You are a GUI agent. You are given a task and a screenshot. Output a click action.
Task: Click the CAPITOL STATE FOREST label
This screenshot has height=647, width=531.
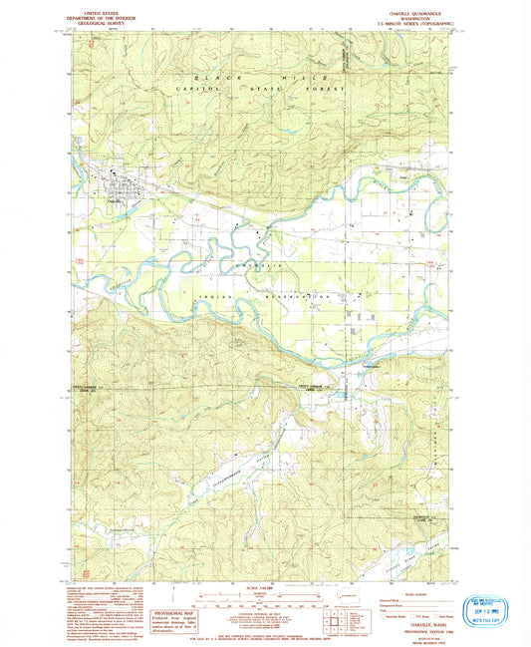(x=261, y=90)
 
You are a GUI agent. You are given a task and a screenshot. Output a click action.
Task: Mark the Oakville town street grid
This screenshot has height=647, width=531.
(x=123, y=184)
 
